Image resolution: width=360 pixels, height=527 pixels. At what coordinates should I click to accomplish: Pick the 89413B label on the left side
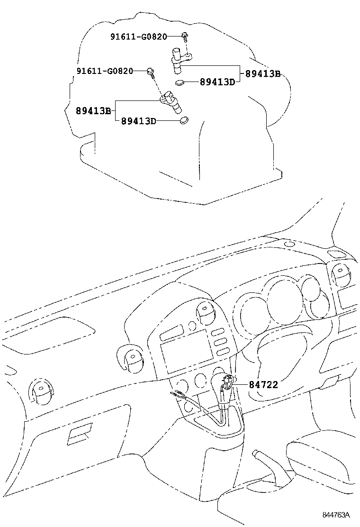pyautogui.click(x=93, y=111)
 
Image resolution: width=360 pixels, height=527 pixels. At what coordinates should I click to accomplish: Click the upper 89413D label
pyautogui.click(x=217, y=82)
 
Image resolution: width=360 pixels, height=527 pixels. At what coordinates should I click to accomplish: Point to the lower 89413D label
pyautogui.click(x=138, y=121)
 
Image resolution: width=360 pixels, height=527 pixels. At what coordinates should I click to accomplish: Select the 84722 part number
pyautogui.click(x=263, y=385)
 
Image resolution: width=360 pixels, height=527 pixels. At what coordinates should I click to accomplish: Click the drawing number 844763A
pyautogui.click(x=336, y=515)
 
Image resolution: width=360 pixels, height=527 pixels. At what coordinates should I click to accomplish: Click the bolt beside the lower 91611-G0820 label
pyautogui.click(x=151, y=72)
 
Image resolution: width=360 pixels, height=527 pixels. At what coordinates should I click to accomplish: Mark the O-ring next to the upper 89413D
pyautogui.click(x=180, y=83)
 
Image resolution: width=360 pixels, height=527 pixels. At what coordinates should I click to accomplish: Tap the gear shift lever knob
pyautogui.click(x=226, y=381)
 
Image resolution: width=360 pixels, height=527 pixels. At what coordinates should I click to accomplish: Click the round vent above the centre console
pyautogui.click(x=206, y=311)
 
